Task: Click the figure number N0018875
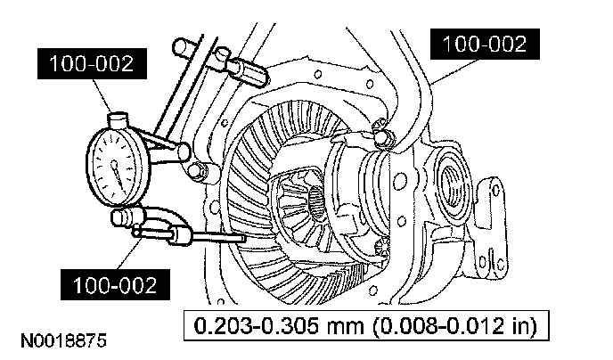(59, 340)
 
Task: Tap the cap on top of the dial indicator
(117, 116)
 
